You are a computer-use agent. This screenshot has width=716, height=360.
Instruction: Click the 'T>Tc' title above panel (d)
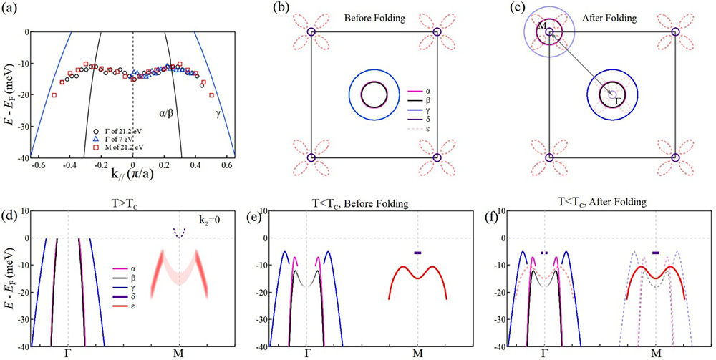[116, 202]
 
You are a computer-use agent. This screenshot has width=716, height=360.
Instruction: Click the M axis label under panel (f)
[656, 353]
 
